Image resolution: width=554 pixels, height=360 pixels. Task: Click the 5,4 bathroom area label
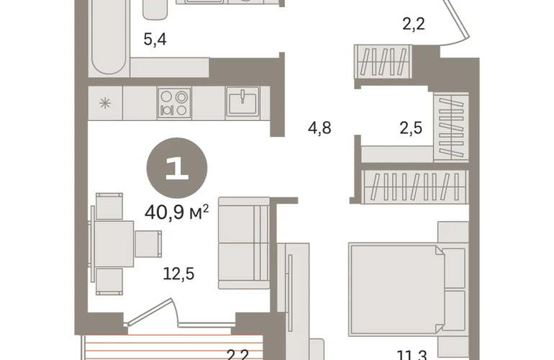pyautogui.click(x=155, y=40)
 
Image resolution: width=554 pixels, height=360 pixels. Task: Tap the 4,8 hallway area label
pyautogui.click(x=319, y=127)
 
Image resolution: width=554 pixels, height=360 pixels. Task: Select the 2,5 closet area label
pyautogui.click(x=411, y=127)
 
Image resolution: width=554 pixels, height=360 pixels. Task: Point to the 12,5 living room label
pyautogui.click(x=178, y=274)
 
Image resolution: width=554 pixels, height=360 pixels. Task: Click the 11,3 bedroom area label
pyautogui.click(x=412, y=355)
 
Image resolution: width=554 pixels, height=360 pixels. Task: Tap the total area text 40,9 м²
pyautogui.click(x=177, y=212)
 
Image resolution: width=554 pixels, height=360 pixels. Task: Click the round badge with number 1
pyautogui.click(x=177, y=168)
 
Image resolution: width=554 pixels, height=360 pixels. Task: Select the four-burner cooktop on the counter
pyautogui.click(x=174, y=103)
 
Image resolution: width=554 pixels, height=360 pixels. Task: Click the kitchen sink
pyautogui.click(x=242, y=102)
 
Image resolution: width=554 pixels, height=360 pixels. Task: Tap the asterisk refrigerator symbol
pyautogui.click(x=105, y=103)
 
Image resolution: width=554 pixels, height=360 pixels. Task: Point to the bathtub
pyautogui.click(x=109, y=37)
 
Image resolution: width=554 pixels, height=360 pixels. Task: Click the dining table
pyautogui.click(x=112, y=244)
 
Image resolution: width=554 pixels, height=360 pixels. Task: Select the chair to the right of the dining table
pyautogui.click(x=148, y=244)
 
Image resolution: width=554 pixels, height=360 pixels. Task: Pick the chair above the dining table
pyautogui.click(x=109, y=206)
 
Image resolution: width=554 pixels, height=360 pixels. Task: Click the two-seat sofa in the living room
pyautogui.click(x=244, y=243)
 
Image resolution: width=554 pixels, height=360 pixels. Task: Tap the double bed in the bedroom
pyautogui.click(x=409, y=289)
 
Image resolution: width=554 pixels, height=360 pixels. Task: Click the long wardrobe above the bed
pyautogui.click(x=414, y=186)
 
